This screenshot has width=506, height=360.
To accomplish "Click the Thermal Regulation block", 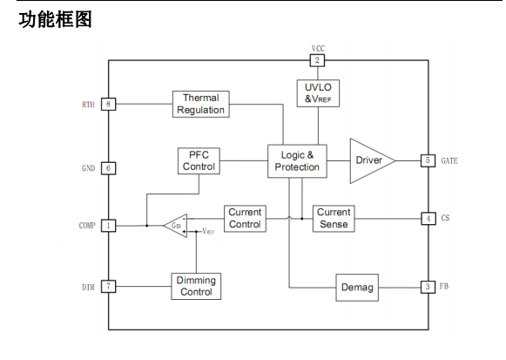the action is (x=200, y=104).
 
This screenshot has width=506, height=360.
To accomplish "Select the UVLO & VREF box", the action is (x=318, y=93).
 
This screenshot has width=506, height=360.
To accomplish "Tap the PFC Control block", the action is (x=199, y=160).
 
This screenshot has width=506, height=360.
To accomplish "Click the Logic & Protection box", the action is (x=297, y=161).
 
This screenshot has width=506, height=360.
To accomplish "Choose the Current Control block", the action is (x=245, y=219).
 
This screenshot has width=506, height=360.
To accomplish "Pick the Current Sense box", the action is (x=334, y=219).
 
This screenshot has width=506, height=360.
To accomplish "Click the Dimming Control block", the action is (x=196, y=287).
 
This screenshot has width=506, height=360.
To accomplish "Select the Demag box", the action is (x=357, y=288).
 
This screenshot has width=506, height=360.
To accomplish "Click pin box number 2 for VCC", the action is (x=317, y=60).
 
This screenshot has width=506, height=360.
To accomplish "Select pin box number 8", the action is (x=108, y=104).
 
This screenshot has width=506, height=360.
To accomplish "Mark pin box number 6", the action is (x=108, y=168).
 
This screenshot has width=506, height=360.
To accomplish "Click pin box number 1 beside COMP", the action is (x=108, y=226).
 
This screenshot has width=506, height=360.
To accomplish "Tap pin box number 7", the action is (x=108, y=287).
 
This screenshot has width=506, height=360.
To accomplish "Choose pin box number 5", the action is (x=428, y=160).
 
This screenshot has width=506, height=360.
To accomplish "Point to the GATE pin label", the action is (x=449, y=160).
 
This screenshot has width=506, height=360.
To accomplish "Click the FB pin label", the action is (x=443, y=287).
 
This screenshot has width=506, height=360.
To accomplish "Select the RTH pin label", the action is (x=88, y=105).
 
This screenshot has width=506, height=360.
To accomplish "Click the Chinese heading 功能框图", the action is (x=55, y=19).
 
